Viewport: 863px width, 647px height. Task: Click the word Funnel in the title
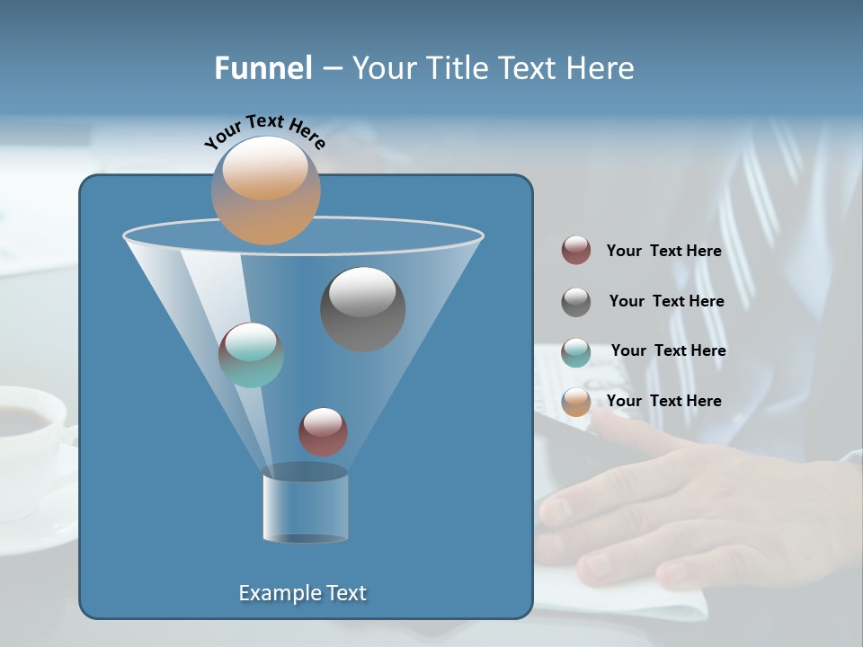tap(263, 68)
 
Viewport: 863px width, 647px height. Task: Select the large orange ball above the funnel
tap(266, 191)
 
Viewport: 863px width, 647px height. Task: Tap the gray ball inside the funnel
tap(363, 308)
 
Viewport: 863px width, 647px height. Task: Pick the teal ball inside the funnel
tap(251, 355)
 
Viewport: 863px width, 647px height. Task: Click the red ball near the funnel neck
tap(323, 431)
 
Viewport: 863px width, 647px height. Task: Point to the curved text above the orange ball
tap(264, 131)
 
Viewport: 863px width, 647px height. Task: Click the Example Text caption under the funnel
tap(303, 593)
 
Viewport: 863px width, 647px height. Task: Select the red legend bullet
tap(576, 251)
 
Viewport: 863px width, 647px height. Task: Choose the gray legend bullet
tap(576, 302)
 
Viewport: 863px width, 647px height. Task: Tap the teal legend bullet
tap(576, 352)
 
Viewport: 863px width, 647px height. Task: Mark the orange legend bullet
tap(576, 402)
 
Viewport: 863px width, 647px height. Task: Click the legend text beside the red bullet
tap(664, 252)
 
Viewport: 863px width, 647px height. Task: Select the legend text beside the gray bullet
tap(666, 302)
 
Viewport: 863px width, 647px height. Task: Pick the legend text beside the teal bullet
tap(668, 351)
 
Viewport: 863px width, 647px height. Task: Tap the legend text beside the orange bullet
tap(664, 401)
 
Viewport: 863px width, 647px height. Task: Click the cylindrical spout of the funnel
tap(306, 505)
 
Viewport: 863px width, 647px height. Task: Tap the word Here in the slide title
tap(599, 68)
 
